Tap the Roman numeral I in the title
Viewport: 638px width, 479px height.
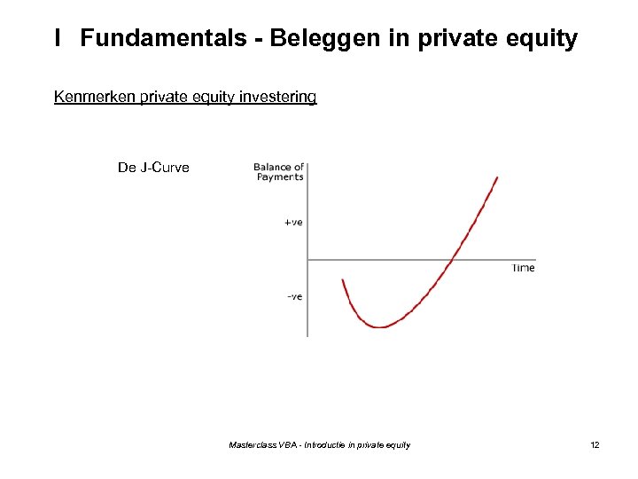pyautogui.click(x=58, y=39)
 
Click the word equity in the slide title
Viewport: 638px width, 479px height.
pyautogui.click(x=539, y=39)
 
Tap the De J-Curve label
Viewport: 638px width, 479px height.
pyautogui.click(x=153, y=167)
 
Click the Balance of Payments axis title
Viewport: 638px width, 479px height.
pyautogui.click(x=279, y=171)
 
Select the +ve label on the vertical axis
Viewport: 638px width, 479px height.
pyautogui.click(x=293, y=222)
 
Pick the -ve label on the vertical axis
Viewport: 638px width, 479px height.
pyautogui.click(x=294, y=296)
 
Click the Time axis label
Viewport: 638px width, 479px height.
pyautogui.click(x=523, y=268)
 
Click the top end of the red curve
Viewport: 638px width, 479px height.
pyautogui.click(x=497, y=177)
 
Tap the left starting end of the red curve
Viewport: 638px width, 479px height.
pyautogui.click(x=343, y=280)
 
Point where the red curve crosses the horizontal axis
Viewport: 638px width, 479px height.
pyautogui.click(x=454, y=259)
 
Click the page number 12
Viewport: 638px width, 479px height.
pyautogui.click(x=595, y=444)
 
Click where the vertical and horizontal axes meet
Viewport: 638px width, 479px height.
pyautogui.click(x=307, y=259)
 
